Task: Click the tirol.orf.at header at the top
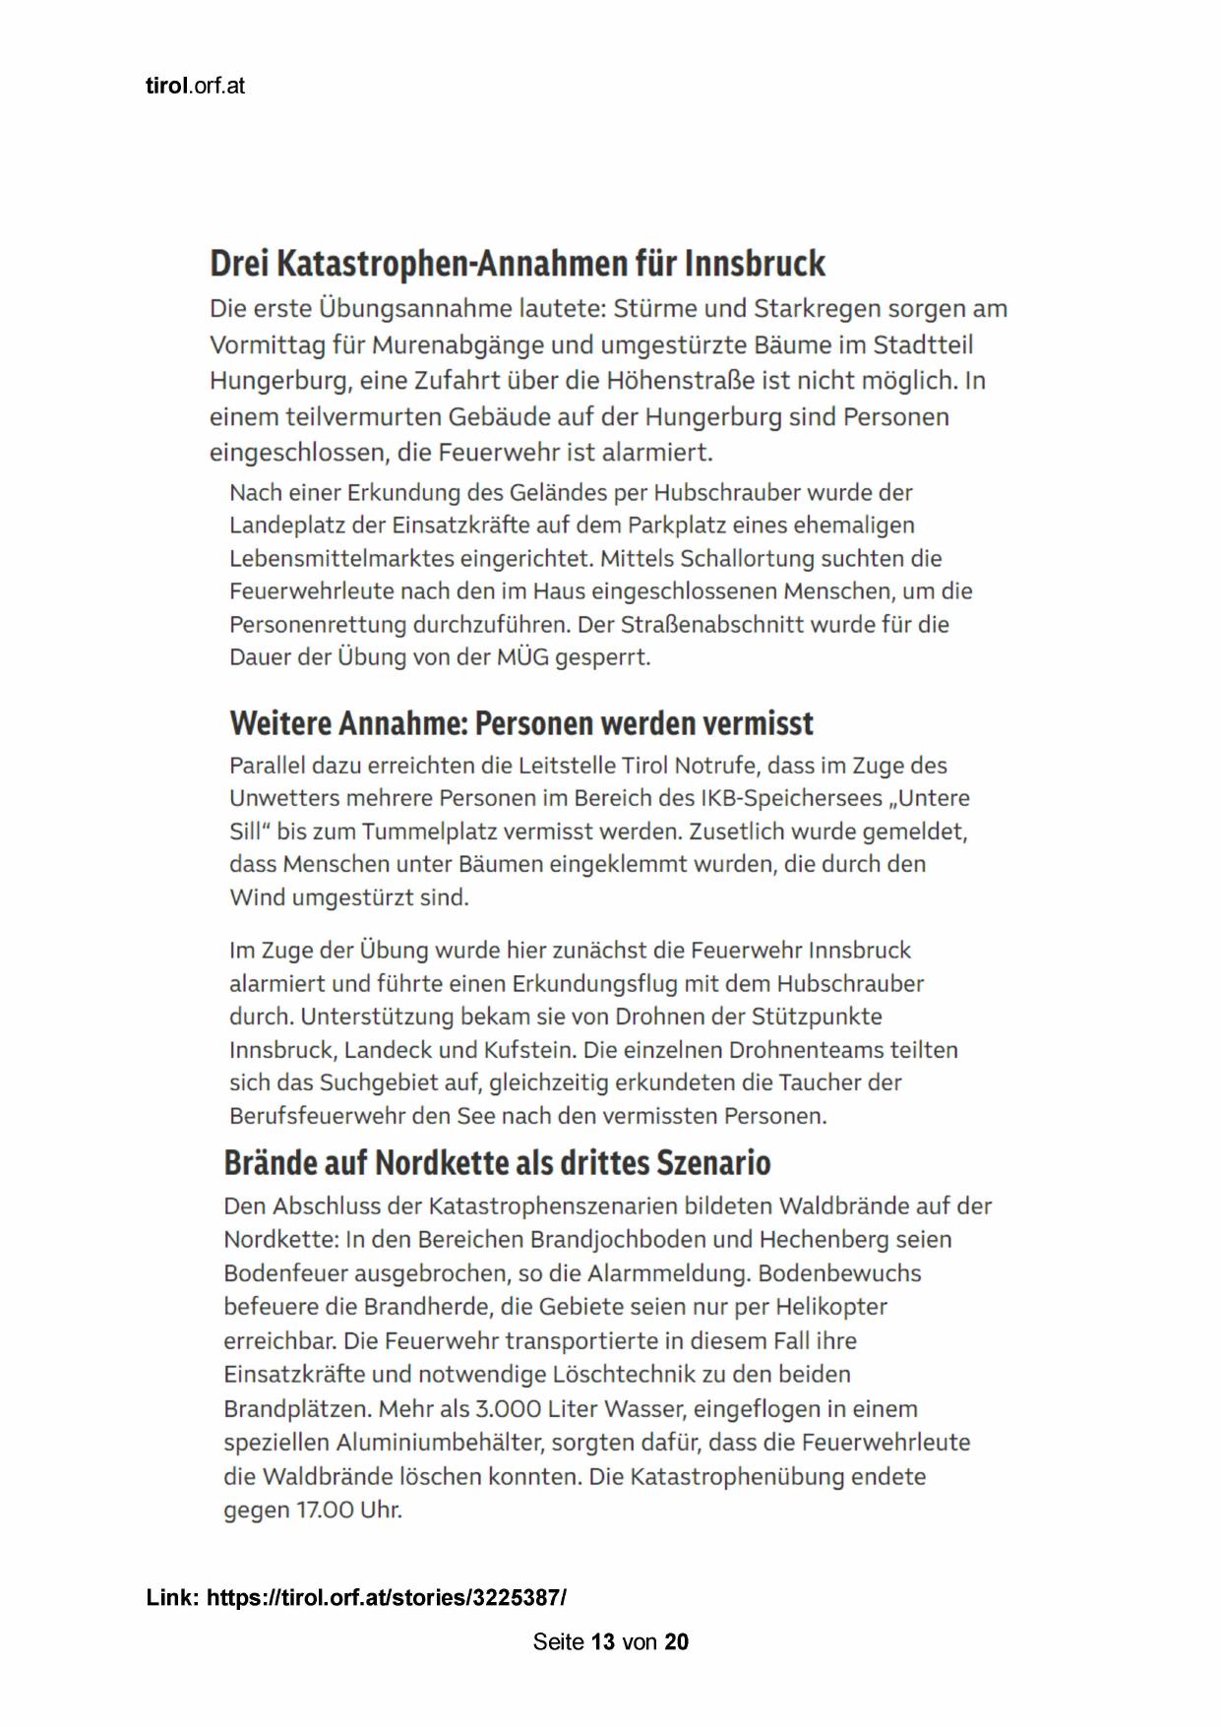[195, 86]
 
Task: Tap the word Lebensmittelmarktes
[327, 559]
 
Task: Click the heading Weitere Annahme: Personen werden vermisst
[521, 723]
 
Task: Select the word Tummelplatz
[429, 832]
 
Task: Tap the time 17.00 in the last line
[334, 1510]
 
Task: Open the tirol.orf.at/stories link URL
[387, 1597]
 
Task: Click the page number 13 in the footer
[604, 1642]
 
